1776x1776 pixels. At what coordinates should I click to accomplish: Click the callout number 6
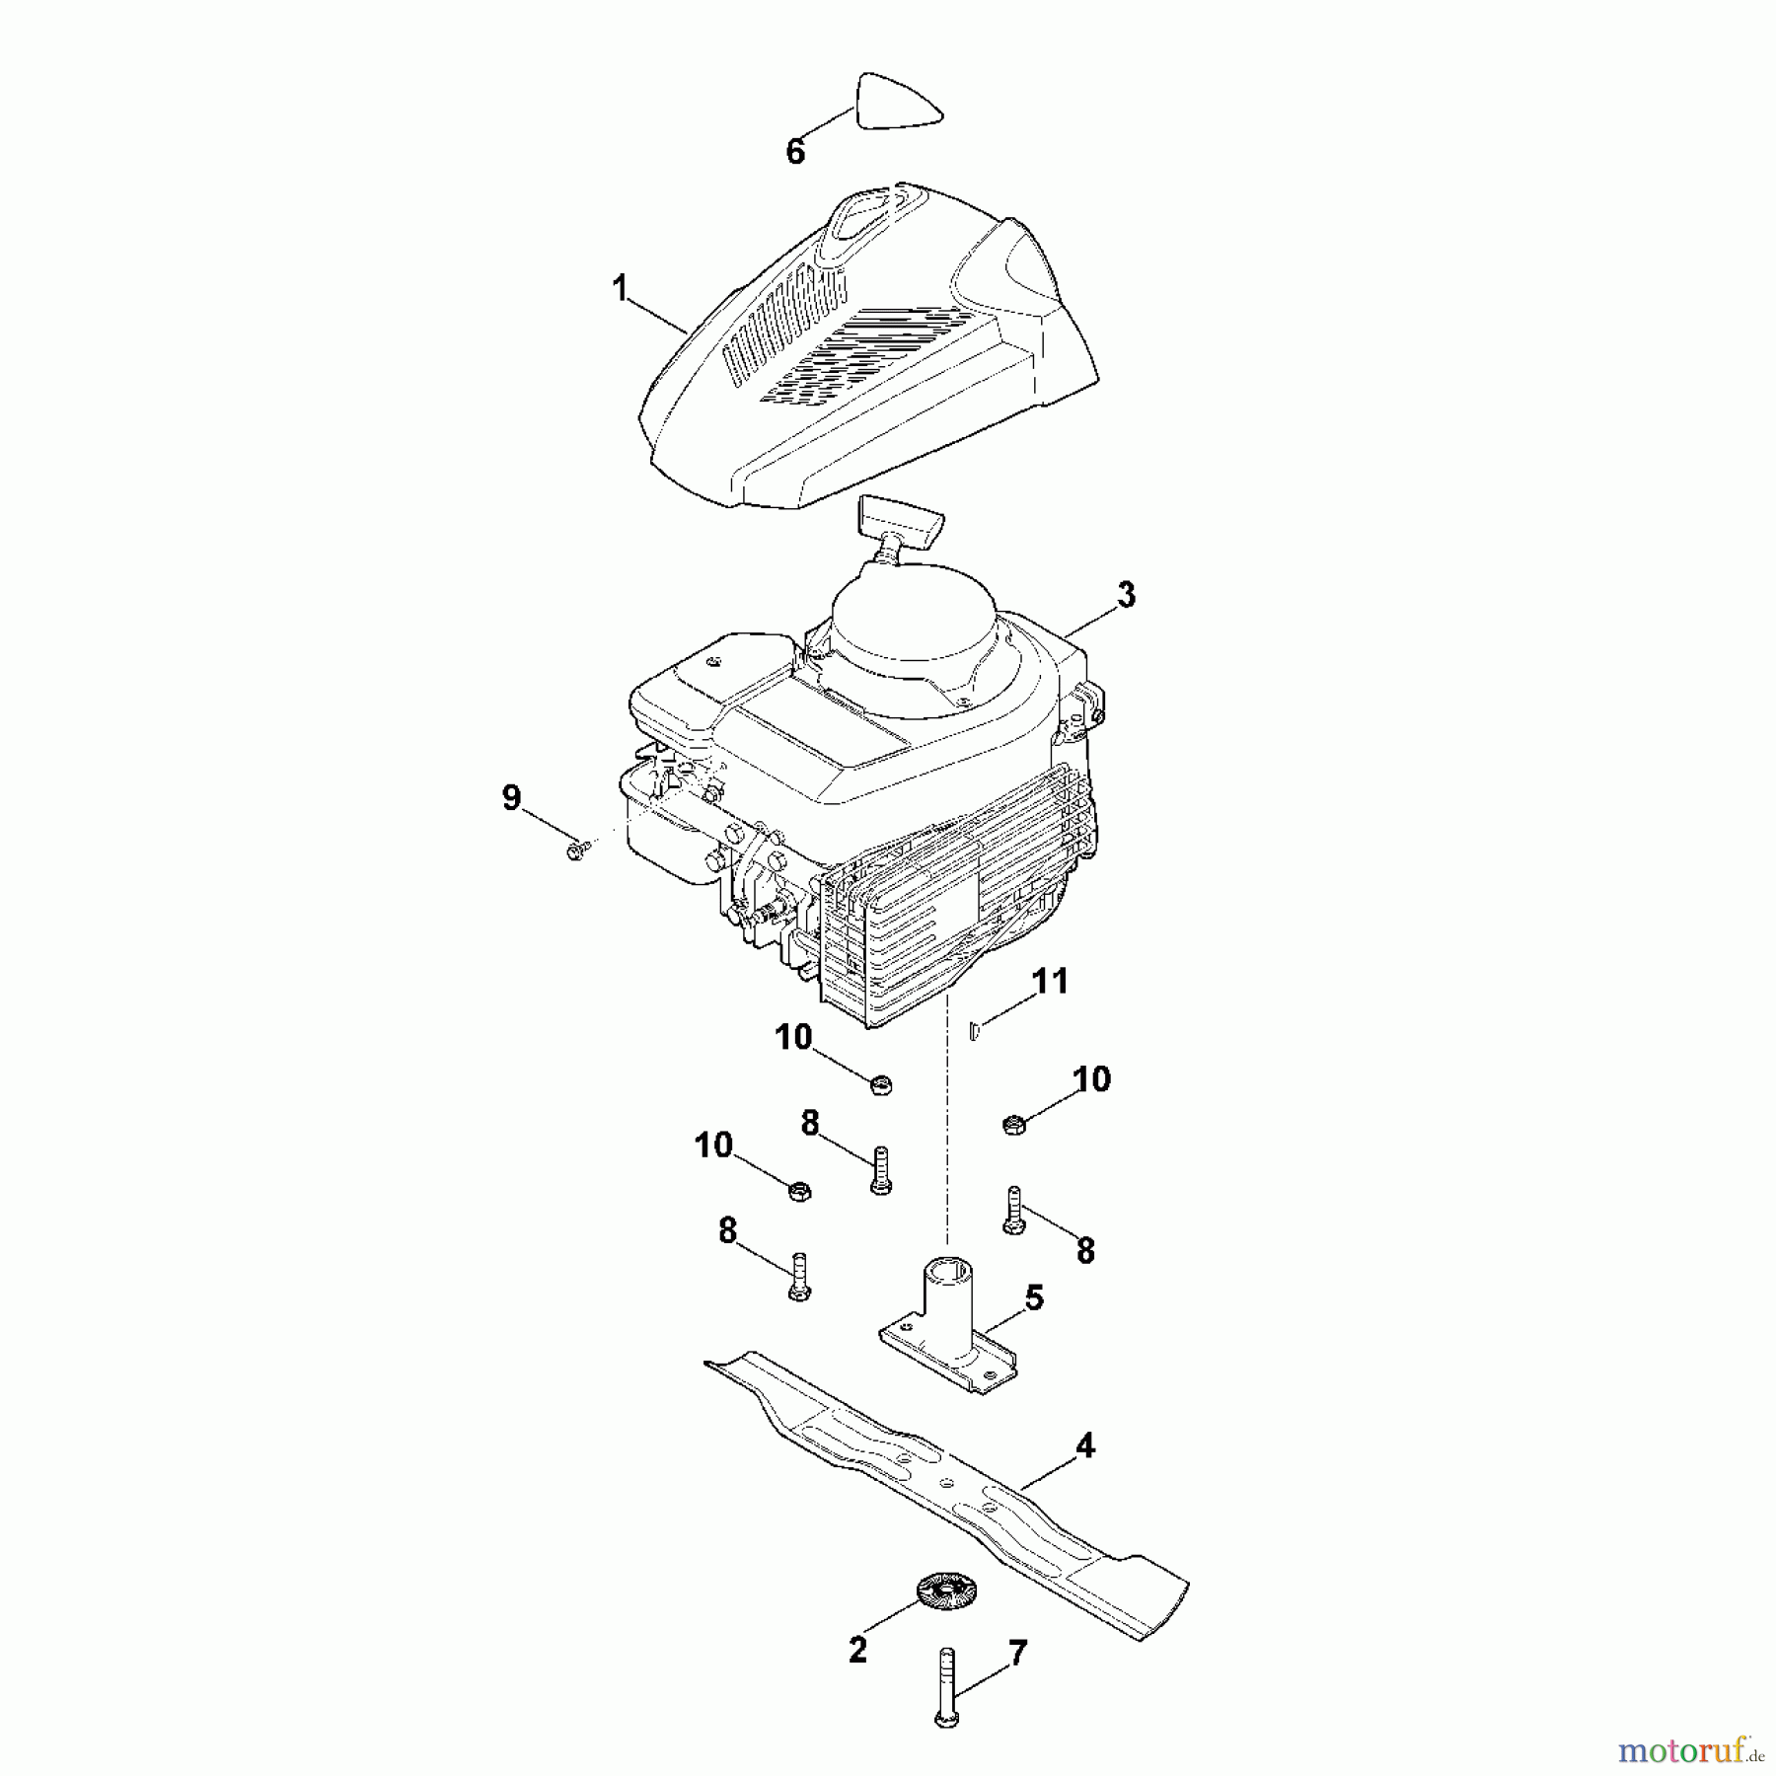(795, 151)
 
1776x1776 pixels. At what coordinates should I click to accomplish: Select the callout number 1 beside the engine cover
(620, 289)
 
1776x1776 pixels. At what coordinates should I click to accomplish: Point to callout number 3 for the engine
(1126, 595)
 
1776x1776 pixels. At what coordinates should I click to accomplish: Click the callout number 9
(511, 797)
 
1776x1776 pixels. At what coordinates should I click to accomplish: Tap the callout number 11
(1050, 982)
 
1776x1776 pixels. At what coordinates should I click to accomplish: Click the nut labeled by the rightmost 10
(1013, 1123)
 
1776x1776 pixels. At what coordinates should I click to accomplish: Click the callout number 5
(1033, 1298)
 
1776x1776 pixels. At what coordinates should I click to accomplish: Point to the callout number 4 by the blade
(1084, 1446)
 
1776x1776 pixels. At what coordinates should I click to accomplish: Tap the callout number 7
(1017, 1651)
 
